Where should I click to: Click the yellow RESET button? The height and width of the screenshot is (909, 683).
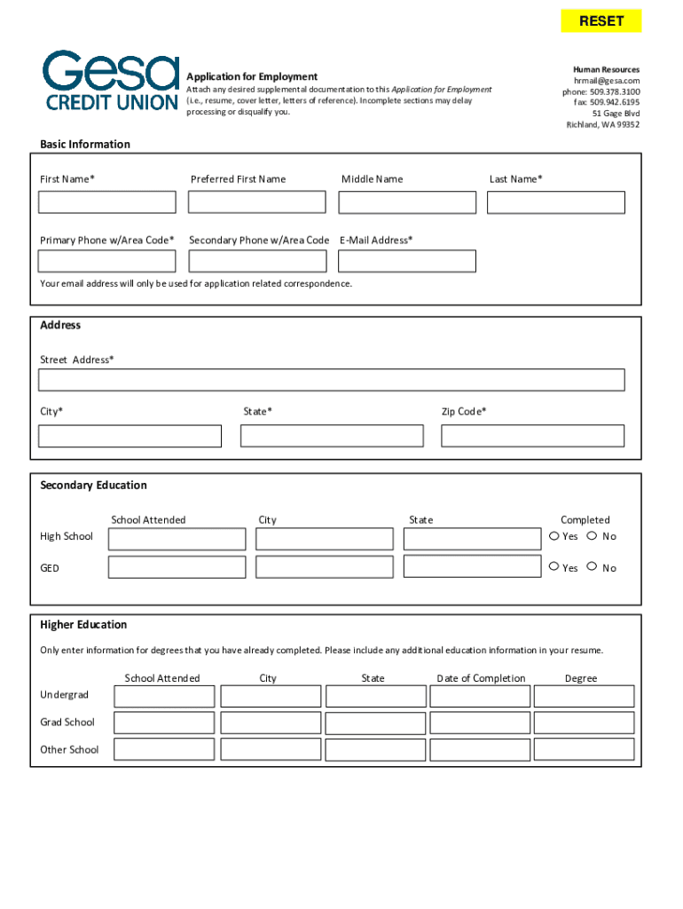pyautogui.click(x=601, y=21)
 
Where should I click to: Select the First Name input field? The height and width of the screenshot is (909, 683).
pyautogui.click(x=107, y=202)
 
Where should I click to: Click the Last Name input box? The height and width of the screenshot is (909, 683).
pyautogui.click(x=555, y=202)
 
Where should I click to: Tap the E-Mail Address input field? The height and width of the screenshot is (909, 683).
pyautogui.click(x=407, y=261)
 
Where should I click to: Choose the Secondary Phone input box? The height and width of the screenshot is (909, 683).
pyautogui.click(x=257, y=261)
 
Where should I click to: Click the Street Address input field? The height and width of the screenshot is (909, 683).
pyautogui.click(x=331, y=380)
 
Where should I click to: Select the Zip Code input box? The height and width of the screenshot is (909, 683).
pyautogui.click(x=532, y=436)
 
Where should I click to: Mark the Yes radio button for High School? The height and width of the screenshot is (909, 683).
pyautogui.click(x=554, y=536)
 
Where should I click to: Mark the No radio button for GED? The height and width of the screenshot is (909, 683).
pyautogui.click(x=593, y=567)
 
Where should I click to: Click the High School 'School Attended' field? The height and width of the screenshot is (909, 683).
pyautogui.click(x=177, y=539)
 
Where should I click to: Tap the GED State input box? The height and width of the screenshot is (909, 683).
pyautogui.click(x=472, y=566)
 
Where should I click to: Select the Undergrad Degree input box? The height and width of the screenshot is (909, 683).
pyautogui.click(x=584, y=696)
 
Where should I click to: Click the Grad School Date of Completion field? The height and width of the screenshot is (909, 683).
pyautogui.click(x=480, y=723)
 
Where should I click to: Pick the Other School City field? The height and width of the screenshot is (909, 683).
pyautogui.click(x=271, y=749)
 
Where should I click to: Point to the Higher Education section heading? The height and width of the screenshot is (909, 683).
pyautogui.click(x=83, y=625)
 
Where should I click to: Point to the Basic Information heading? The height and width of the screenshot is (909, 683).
pyautogui.click(x=85, y=145)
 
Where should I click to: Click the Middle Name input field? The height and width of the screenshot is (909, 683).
pyautogui.click(x=407, y=202)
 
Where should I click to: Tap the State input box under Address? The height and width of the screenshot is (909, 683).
pyautogui.click(x=332, y=436)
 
